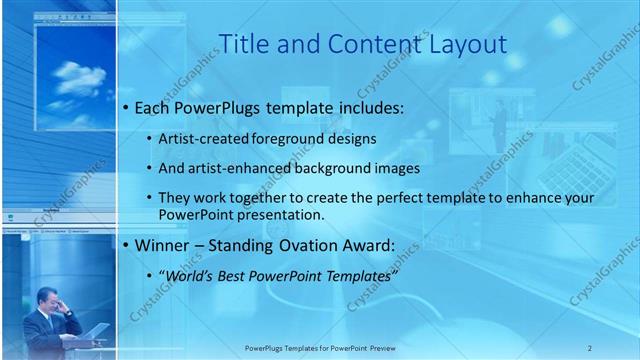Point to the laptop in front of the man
98,331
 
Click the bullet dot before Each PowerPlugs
125,106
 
